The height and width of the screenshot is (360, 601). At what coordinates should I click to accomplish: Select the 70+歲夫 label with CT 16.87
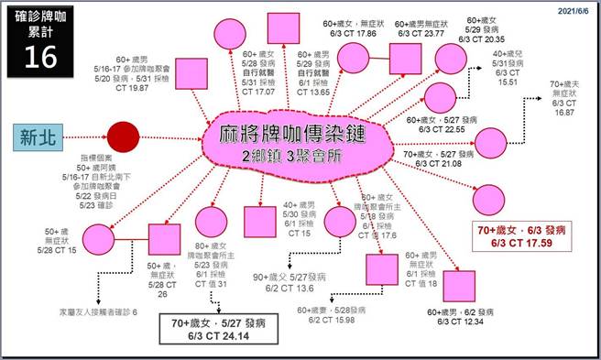click(x=563, y=98)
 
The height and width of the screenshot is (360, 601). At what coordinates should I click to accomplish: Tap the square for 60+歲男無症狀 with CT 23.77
click(x=415, y=58)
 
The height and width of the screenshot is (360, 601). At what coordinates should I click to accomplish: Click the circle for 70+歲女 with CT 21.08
click(x=489, y=142)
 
